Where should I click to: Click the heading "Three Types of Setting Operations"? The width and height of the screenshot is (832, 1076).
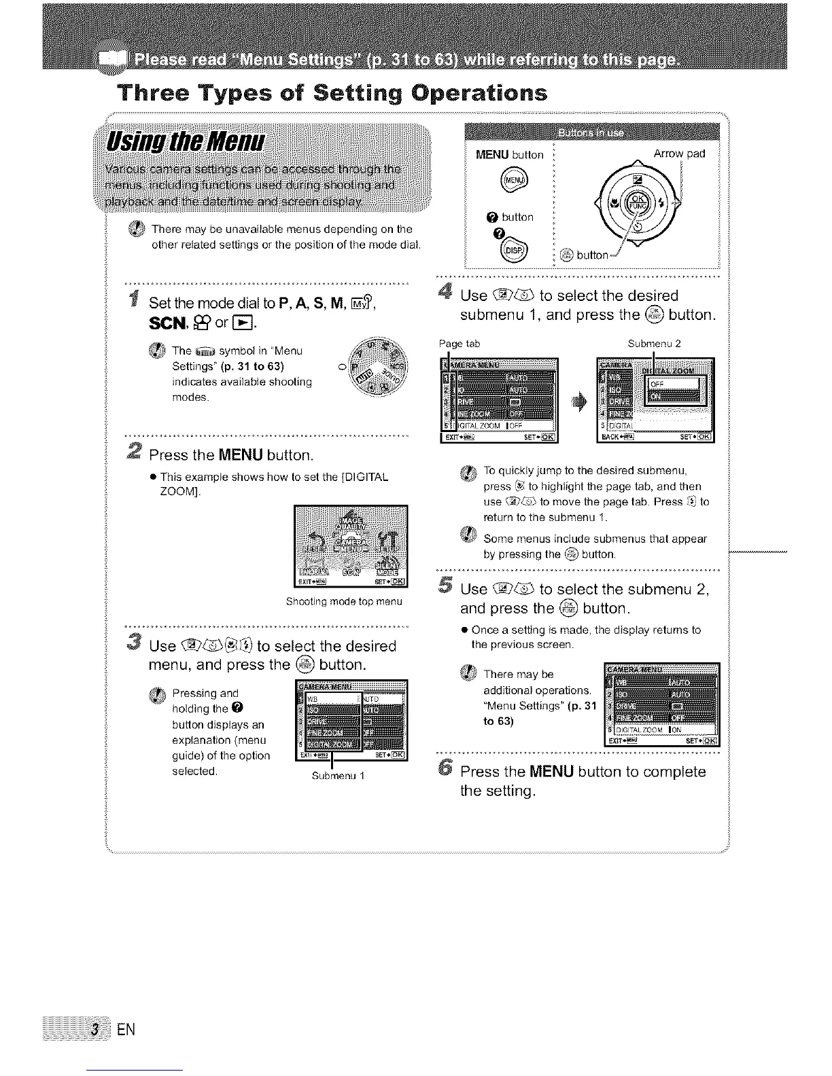tap(332, 92)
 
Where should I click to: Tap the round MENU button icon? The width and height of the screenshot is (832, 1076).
tap(510, 179)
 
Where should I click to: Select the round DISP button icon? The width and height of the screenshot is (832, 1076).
tap(511, 251)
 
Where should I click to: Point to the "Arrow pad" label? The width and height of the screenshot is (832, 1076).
tap(678, 154)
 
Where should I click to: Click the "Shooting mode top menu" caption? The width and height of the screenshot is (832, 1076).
tap(344, 602)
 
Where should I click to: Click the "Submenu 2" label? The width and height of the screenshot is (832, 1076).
tap(655, 344)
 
